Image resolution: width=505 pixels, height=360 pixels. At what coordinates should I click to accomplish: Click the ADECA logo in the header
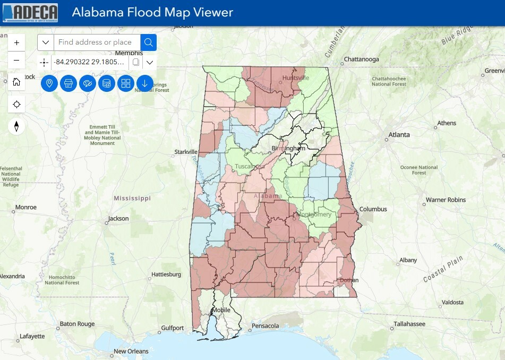pos(30,13)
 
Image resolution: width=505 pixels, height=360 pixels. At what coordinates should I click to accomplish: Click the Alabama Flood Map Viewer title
pos(152,13)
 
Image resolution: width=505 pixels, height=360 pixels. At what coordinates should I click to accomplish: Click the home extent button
pos(16,82)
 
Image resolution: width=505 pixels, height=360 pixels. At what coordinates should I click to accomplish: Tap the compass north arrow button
pos(16,126)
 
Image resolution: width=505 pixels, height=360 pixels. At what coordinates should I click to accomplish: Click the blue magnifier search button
pos(148,42)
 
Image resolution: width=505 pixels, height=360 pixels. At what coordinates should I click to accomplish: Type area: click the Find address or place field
pos(97,42)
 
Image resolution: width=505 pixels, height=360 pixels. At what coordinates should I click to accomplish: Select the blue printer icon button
pos(69,83)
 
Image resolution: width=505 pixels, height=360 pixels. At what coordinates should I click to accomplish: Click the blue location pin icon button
pos(49,83)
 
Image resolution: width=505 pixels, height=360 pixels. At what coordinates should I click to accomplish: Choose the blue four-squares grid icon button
pos(126,83)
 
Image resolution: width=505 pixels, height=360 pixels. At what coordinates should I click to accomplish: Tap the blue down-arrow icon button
pos(145,83)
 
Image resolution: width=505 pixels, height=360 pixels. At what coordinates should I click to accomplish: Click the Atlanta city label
pos(399,135)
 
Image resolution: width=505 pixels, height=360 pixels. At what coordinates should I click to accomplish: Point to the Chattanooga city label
pos(361,59)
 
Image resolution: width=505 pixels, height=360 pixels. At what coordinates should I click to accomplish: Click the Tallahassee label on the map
pos(409,324)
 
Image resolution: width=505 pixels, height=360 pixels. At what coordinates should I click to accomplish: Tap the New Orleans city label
pos(131,352)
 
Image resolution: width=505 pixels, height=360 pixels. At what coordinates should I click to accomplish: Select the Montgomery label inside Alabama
pos(314,215)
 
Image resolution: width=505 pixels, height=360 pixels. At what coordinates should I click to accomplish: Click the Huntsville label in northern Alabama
pos(296,78)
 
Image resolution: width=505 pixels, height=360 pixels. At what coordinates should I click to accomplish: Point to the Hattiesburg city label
pos(166,275)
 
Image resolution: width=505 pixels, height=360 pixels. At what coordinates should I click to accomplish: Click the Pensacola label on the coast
pos(265,325)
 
